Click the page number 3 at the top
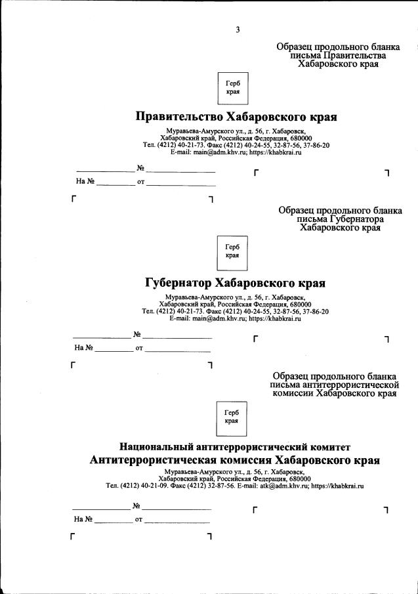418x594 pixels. coord(238,30)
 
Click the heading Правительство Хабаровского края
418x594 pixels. coord(236,117)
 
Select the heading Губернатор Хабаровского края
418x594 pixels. coord(235,284)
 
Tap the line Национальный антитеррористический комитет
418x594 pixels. coord(235,446)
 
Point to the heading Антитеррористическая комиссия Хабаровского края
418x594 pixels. coord(235,460)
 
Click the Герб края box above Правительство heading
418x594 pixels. coord(232,88)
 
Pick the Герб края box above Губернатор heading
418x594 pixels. coord(232,252)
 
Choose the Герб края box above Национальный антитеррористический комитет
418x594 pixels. coord(232,416)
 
